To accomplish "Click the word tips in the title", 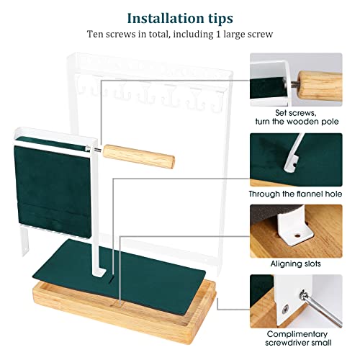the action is point(218,19).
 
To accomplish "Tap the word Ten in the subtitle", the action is point(95,34).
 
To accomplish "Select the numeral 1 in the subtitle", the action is point(218,34).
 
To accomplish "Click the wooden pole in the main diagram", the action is point(139,156).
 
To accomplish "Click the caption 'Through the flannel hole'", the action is point(296,194).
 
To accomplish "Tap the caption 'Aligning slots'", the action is point(296,264).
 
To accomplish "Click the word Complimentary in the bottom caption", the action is point(297,334).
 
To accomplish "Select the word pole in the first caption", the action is point(330,122).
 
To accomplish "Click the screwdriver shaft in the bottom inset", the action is point(323,310).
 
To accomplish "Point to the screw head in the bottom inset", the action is point(285,309).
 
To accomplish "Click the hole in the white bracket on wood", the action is point(297,235).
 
